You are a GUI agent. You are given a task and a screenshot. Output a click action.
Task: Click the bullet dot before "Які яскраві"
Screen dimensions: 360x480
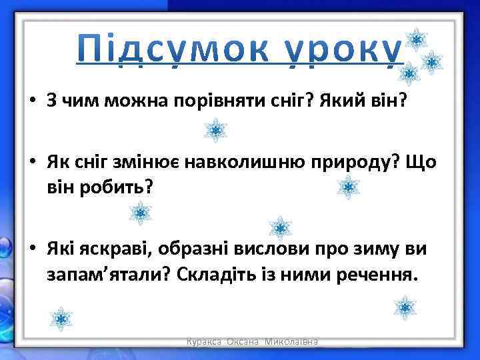[33, 250]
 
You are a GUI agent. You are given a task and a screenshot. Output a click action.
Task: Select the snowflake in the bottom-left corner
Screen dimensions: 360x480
[61, 319]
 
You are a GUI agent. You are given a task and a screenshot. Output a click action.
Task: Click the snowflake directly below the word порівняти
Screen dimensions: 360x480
[215, 130]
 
